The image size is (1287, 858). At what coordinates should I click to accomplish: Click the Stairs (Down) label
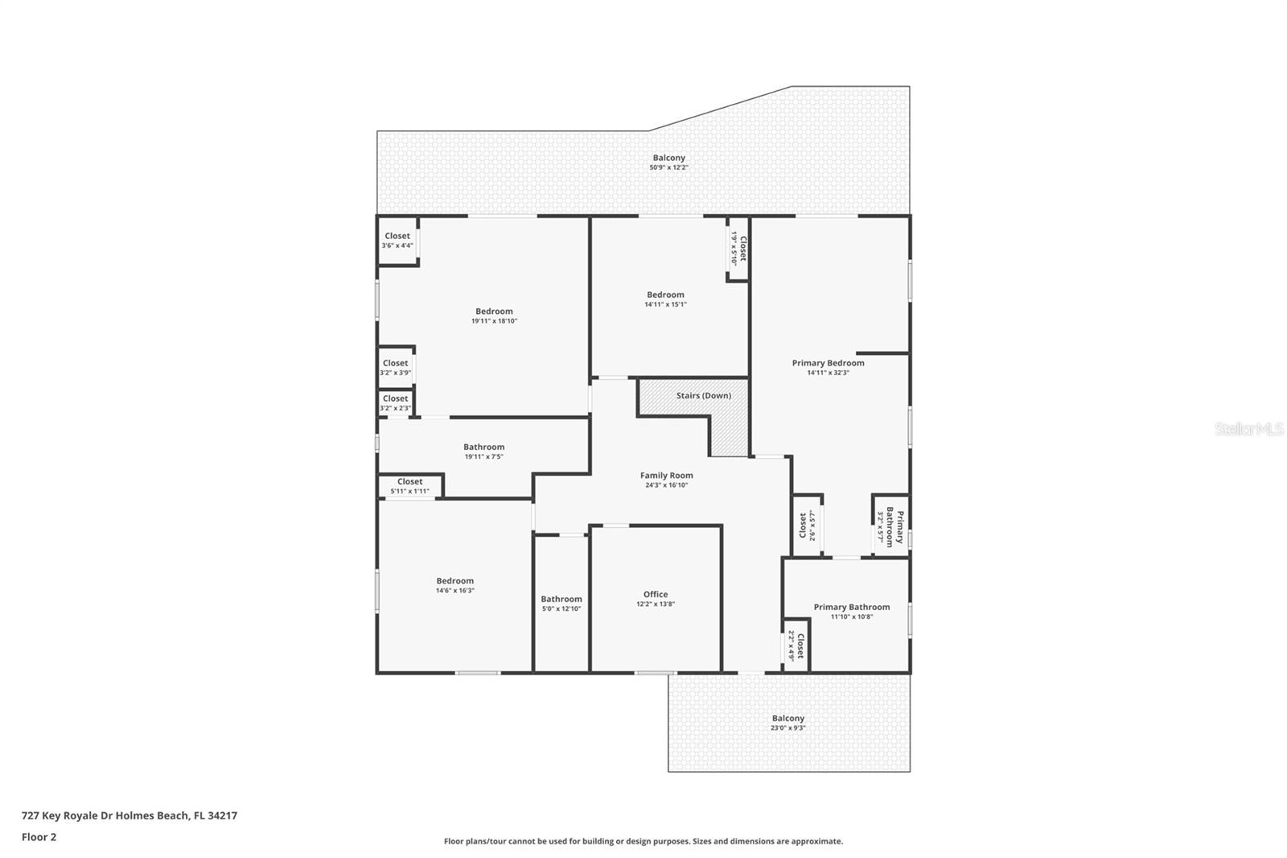tap(703, 395)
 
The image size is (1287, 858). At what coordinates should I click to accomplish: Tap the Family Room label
tap(666, 476)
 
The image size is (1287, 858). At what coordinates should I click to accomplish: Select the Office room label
tap(655, 595)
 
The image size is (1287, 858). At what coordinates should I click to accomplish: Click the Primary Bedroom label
tap(828, 363)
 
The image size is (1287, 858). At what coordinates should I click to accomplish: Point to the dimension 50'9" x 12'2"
tap(668, 167)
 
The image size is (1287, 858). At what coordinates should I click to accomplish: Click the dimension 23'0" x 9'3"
tap(787, 728)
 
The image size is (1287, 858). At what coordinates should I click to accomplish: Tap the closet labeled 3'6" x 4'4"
tap(397, 241)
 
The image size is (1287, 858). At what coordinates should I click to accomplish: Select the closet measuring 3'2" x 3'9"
tap(395, 368)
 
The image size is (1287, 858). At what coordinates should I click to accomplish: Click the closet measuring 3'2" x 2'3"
tap(395, 403)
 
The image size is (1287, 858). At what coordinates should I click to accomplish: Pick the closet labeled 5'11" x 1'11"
tap(409, 486)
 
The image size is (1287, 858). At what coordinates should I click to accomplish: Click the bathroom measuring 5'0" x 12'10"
tap(561, 604)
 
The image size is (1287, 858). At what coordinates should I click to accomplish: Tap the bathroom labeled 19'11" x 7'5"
tap(483, 452)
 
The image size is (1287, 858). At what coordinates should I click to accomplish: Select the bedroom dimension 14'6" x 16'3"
tap(454, 590)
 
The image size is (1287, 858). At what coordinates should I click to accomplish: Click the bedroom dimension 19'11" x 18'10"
tap(494, 320)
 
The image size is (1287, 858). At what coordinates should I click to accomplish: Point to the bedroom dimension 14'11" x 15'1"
tap(665, 304)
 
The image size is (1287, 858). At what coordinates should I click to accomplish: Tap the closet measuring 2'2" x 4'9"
tap(796, 646)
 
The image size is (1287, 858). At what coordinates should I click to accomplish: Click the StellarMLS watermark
tap(1248, 430)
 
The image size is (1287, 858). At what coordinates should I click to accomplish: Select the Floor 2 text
tap(39, 837)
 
